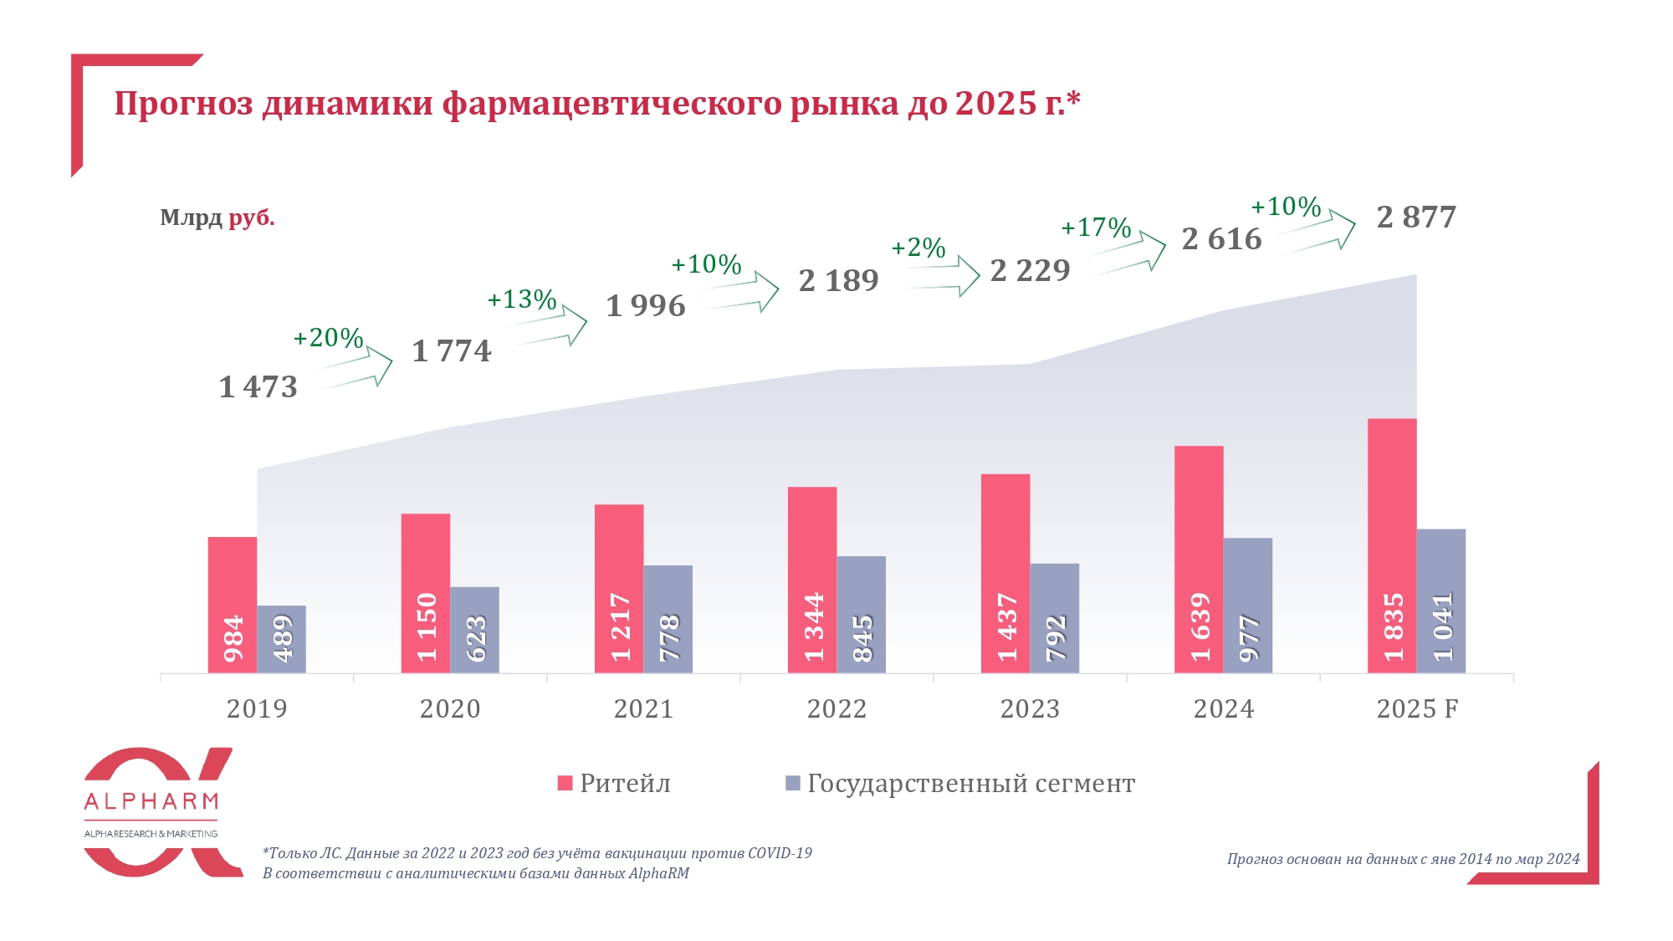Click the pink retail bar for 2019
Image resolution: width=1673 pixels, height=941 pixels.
click(x=233, y=604)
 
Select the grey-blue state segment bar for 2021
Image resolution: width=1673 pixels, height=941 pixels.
click(x=668, y=619)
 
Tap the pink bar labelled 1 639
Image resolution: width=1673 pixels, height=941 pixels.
click(x=1199, y=559)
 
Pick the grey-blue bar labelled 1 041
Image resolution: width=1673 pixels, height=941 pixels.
click(x=1441, y=601)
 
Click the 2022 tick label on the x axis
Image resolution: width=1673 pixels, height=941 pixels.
click(x=836, y=709)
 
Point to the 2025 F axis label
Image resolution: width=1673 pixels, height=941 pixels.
click(x=1417, y=709)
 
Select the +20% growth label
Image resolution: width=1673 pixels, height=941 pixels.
click(x=328, y=338)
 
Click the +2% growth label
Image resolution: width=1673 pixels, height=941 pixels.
click(x=918, y=248)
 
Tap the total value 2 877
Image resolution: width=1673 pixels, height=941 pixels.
click(x=1416, y=217)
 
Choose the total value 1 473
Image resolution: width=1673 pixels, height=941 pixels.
click(x=258, y=387)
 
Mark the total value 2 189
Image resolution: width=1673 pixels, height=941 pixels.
click(x=838, y=280)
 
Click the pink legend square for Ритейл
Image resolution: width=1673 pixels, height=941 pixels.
click(x=565, y=784)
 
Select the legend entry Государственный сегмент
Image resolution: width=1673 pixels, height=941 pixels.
click(x=970, y=784)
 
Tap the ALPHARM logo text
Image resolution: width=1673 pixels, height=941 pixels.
click(x=151, y=801)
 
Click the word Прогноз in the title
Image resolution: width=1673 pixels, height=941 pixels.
click(x=183, y=104)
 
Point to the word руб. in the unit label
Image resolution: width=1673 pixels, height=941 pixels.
click(x=252, y=218)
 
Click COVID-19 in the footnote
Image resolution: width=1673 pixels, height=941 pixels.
click(x=780, y=853)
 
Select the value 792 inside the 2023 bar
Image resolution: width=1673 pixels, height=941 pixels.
click(x=1055, y=637)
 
